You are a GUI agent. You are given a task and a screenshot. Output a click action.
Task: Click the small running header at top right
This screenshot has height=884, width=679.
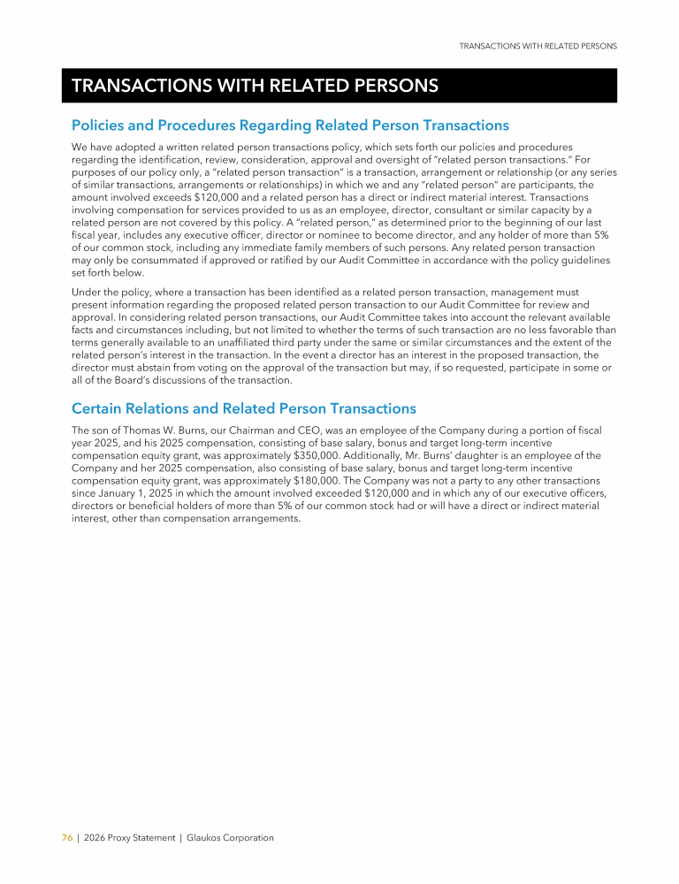538,45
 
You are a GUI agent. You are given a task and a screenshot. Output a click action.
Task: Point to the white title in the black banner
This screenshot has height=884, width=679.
255,86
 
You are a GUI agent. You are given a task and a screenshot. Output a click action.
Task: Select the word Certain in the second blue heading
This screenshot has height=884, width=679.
99,408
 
